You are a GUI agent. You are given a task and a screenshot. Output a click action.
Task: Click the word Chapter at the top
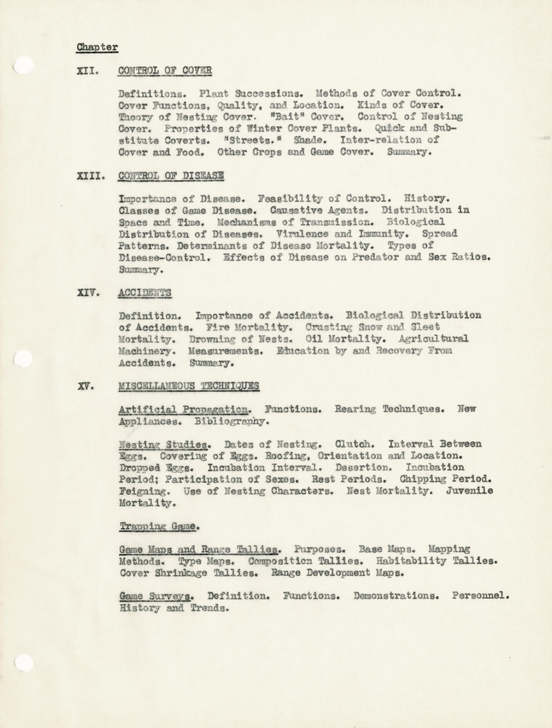coord(97,47)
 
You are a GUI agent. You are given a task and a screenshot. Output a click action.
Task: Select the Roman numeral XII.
coord(88,71)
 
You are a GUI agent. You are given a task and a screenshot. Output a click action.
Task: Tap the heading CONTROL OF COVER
coord(165,71)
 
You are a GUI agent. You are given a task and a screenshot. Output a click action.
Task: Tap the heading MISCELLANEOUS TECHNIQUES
coord(189,386)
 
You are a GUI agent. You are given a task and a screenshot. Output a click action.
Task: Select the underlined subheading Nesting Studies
coord(163,445)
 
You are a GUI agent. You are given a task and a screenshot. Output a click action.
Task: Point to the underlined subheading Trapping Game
coord(158,526)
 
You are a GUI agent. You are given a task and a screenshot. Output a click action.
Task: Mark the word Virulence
coord(302,234)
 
